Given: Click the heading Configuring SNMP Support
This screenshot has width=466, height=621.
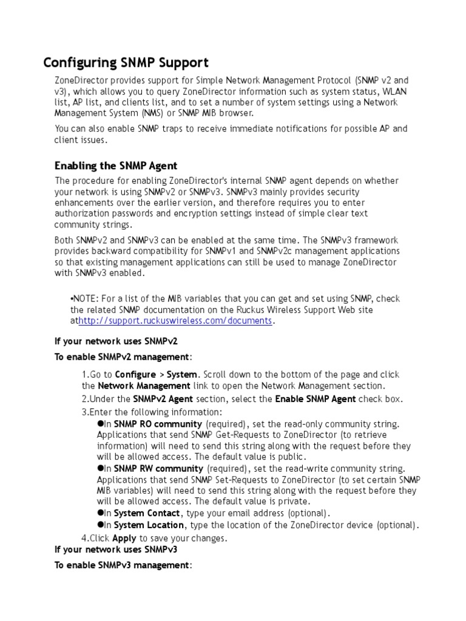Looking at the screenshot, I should (126, 62).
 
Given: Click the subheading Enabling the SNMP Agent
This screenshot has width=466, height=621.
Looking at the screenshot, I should (116, 166).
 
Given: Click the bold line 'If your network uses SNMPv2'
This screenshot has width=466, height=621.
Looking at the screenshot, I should (116, 342).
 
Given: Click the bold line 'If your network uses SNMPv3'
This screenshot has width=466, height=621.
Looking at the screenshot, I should (116, 550).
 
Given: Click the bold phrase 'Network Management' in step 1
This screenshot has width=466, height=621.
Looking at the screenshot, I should (144, 386).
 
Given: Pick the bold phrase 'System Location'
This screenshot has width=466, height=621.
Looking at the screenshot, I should (149, 525).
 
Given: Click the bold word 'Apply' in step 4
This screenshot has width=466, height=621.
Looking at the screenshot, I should (124, 539).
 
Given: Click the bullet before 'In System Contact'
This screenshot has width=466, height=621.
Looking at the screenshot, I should (101, 513).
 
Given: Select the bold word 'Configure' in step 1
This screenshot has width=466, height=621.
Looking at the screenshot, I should (135, 375).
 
